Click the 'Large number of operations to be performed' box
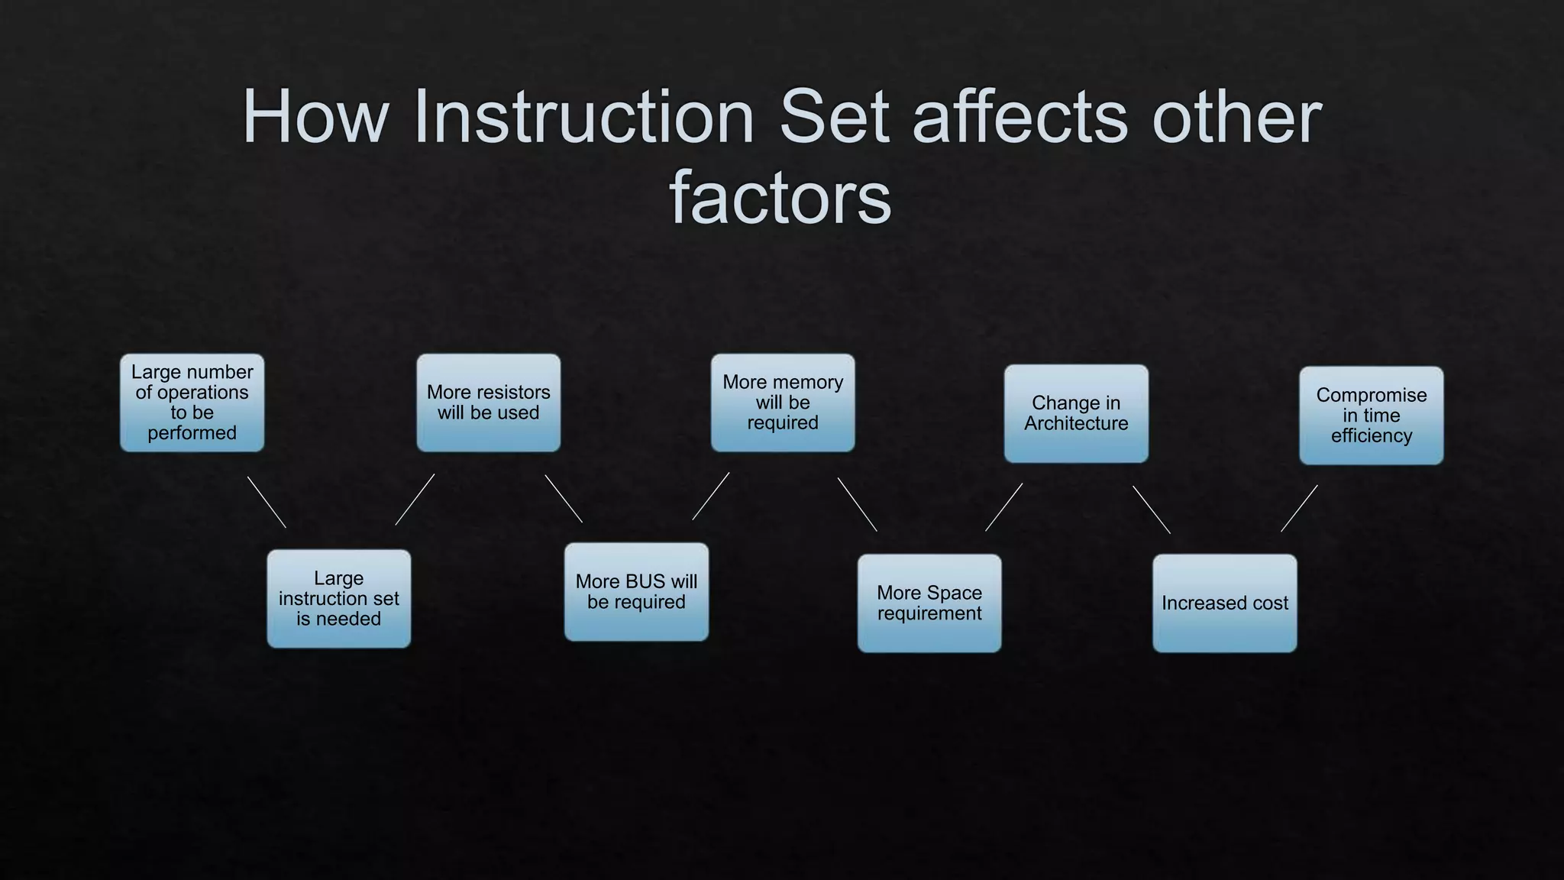click(x=192, y=403)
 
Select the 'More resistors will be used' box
click(x=489, y=403)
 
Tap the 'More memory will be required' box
click(x=783, y=403)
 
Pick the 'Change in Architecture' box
click(x=1076, y=413)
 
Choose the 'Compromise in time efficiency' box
click(x=1372, y=416)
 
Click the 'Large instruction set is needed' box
click(x=339, y=599)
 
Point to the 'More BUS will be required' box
click(x=636, y=592)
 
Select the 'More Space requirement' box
click(x=929, y=603)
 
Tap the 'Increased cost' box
click(x=1225, y=603)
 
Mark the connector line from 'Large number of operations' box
click(x=267, y=502)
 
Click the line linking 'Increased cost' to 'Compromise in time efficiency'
click(x=1299, y=509)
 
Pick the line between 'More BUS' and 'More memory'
click(x=711, y=496)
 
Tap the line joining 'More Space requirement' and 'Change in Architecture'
click(x=1004, y=506)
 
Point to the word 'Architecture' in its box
click(x=1076, y=424)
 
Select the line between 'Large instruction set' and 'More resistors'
click(x=415, y=500)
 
